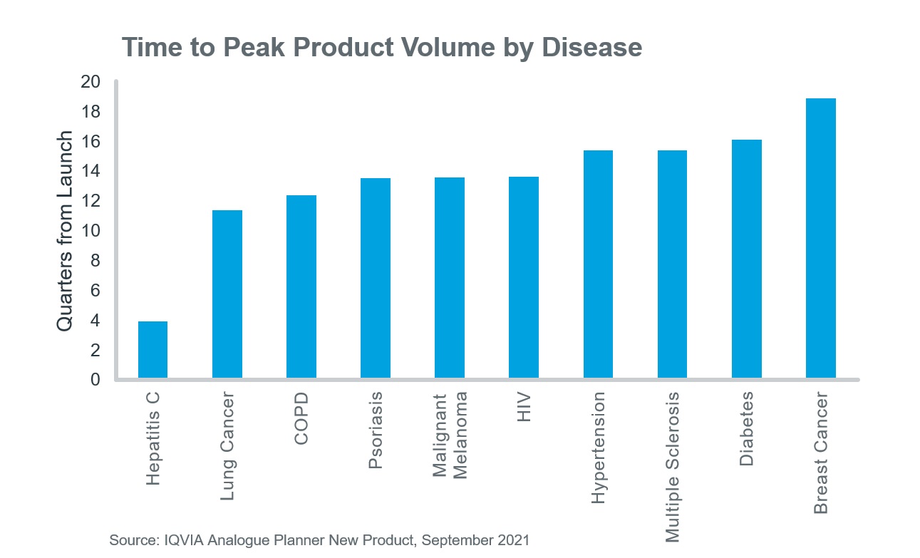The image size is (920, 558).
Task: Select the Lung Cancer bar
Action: (227, 294)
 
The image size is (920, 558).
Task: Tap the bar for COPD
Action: (301, 286)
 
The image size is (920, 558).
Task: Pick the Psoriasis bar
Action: (376, 278)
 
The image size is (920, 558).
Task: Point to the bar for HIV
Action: (524, 277)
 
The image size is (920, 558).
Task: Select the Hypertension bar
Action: (598, 264)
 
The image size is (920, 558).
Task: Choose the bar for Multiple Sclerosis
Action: (672, 264)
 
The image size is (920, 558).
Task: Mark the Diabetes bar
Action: (747, 259)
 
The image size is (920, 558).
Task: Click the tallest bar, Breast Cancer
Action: (821, 238)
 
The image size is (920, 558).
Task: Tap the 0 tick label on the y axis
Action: (95, 380)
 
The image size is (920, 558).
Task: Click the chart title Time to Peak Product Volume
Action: (382, 47)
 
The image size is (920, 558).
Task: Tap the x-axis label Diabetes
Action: (747, 428)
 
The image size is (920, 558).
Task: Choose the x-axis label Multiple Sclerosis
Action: (672, 467)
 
